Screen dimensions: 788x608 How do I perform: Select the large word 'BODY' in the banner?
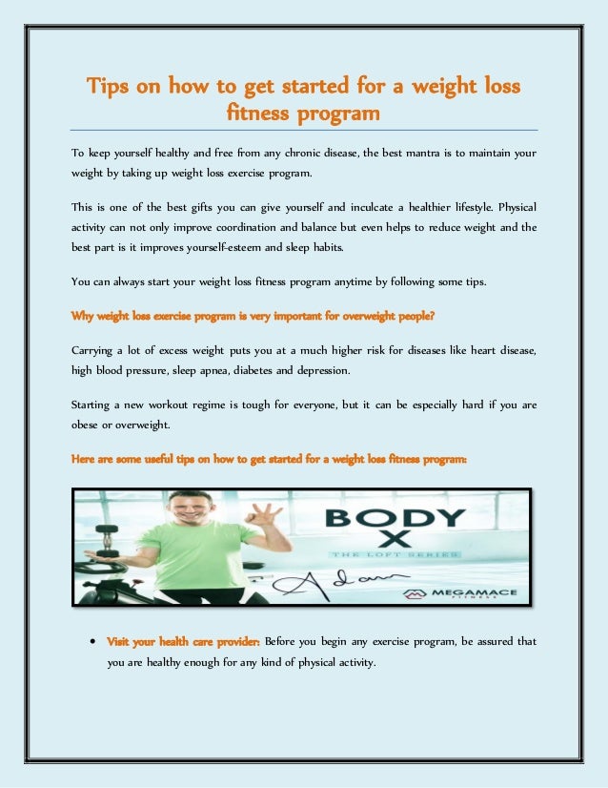coord(393,521)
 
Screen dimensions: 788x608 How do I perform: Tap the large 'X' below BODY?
coord(393,541)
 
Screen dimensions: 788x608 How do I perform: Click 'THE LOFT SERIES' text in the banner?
coord(393,554)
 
